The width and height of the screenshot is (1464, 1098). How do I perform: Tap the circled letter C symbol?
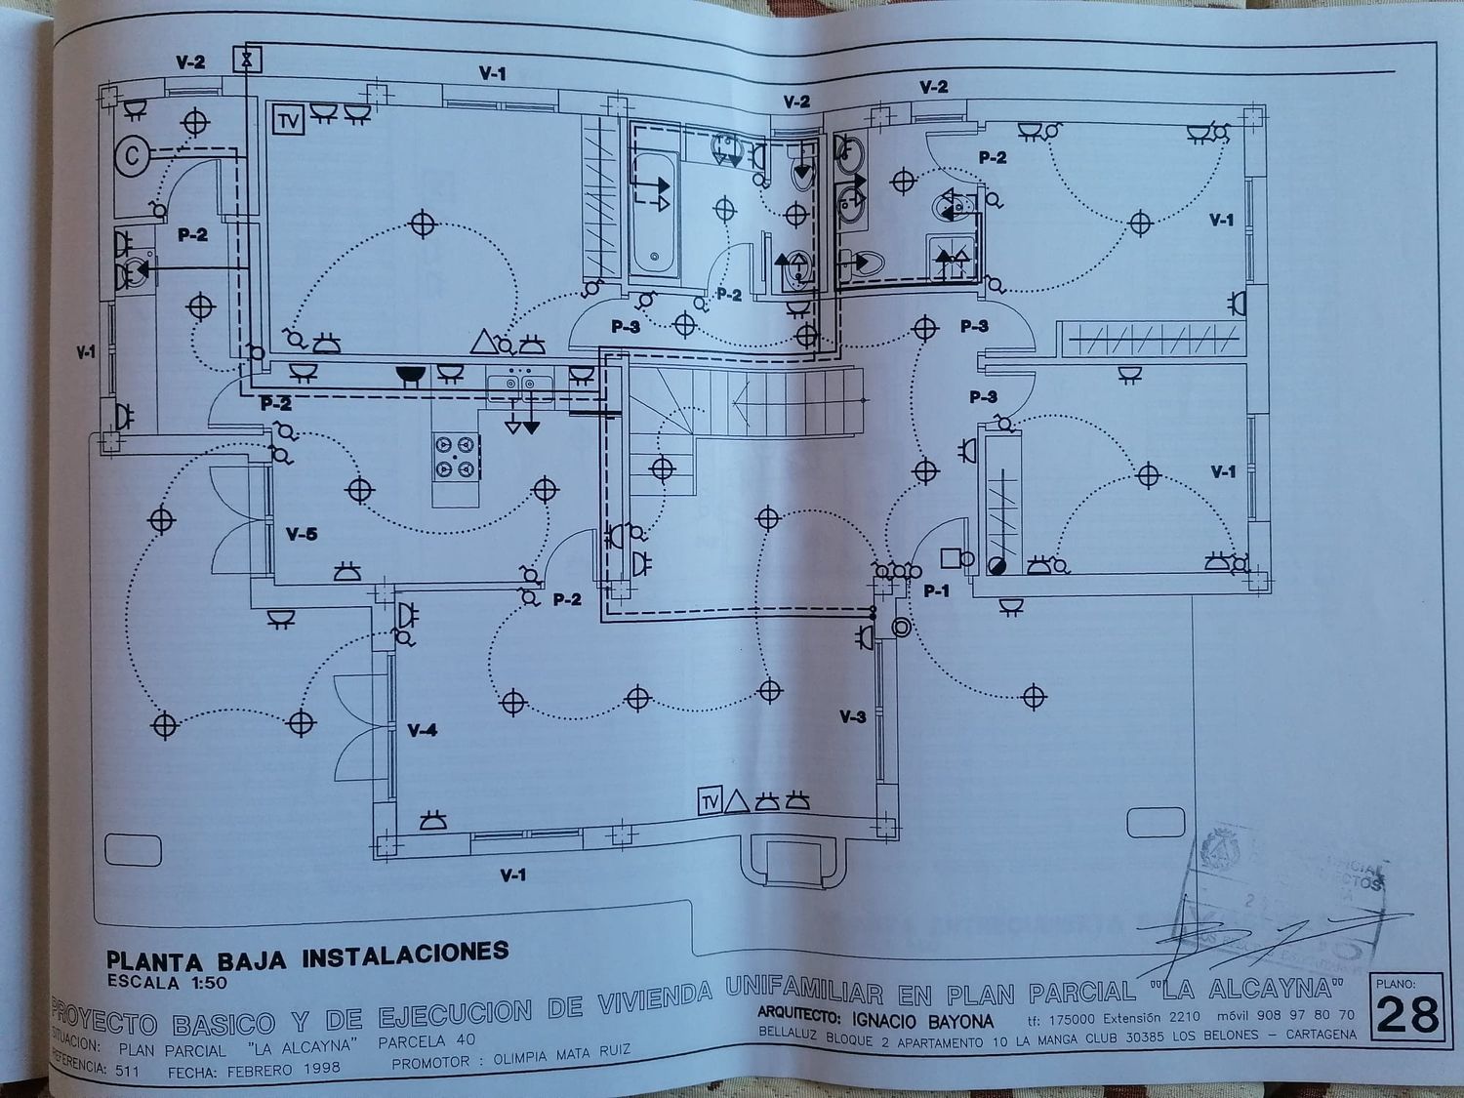coord(133,154)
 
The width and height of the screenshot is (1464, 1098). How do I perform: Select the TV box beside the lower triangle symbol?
coord(710,801)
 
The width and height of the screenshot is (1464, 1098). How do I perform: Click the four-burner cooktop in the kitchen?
coord(457,457)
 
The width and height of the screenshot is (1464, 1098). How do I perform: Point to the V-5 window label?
coord(302,534)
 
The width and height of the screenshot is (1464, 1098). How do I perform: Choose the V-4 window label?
coord(422,730)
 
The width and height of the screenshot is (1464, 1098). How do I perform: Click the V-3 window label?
coord(852,717)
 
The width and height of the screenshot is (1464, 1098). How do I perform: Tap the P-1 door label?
coord(936,590)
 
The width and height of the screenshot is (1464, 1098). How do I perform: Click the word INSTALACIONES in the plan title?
coord(406,953)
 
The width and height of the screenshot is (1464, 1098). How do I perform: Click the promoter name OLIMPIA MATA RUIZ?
coord(561,1055)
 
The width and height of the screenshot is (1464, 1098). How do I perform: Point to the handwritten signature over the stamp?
coord(1269,927)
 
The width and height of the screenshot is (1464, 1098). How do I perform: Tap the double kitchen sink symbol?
coord(518,386)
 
